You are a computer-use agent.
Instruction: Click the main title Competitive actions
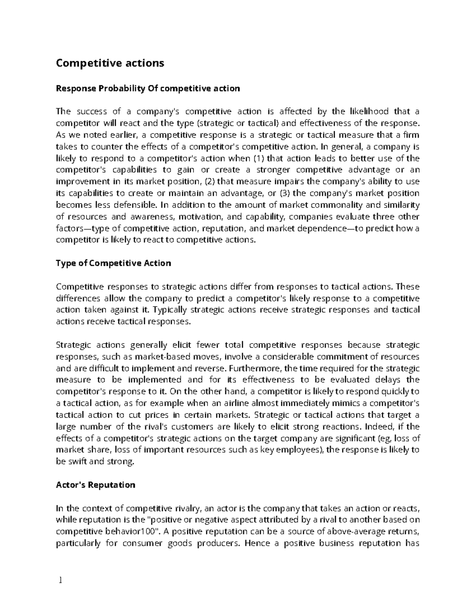[x=110, y=63]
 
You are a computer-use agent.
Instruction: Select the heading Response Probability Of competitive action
[x=148, y=88]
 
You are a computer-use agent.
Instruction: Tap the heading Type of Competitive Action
[x=113, y=263]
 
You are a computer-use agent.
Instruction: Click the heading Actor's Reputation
[x=96, y=485]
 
